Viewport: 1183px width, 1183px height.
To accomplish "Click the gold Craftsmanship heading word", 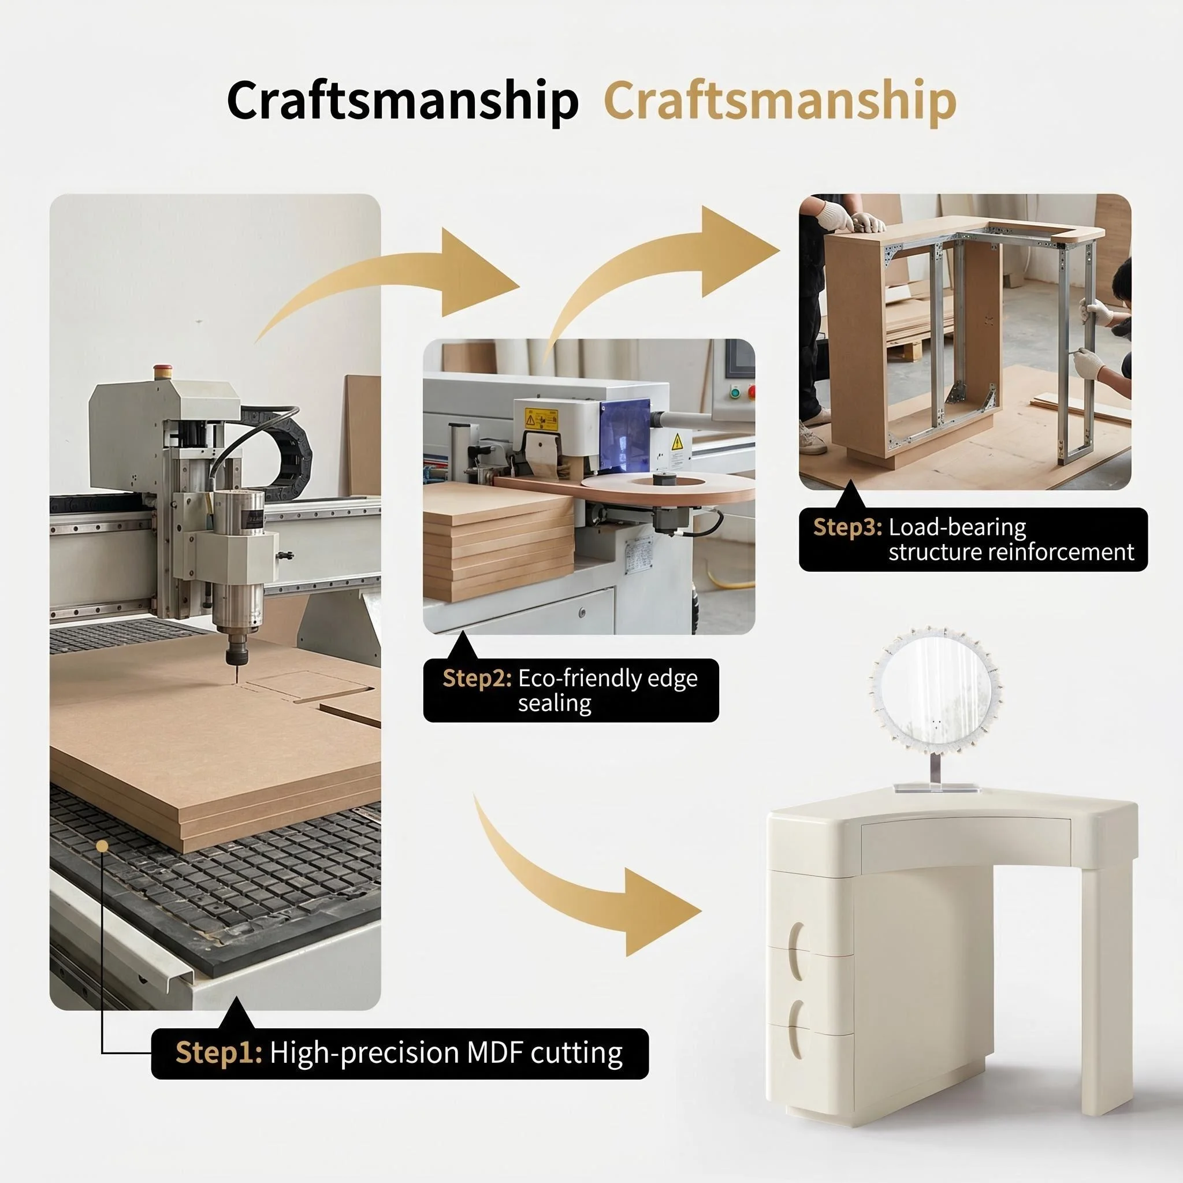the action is [780, 102].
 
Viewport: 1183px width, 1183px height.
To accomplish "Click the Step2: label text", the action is [477, 679].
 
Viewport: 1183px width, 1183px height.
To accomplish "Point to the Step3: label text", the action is [847, 527].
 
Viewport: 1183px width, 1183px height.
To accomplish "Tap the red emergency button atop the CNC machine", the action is [163, 370].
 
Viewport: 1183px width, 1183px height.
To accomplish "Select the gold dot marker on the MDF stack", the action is [103, 846].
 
